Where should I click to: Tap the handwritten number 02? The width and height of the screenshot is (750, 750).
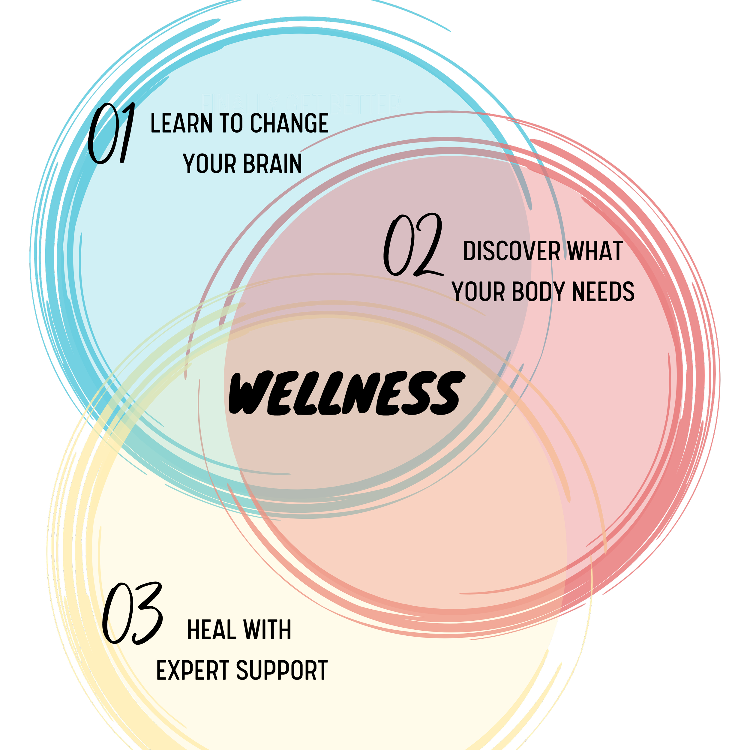click(x=413, y=245)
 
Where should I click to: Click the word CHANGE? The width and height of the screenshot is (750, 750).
click(x=289, y=123)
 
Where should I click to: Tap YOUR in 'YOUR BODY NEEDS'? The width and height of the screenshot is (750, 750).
click(x=478, y=292)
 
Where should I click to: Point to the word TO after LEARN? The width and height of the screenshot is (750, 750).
click(x=232, y=123)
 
